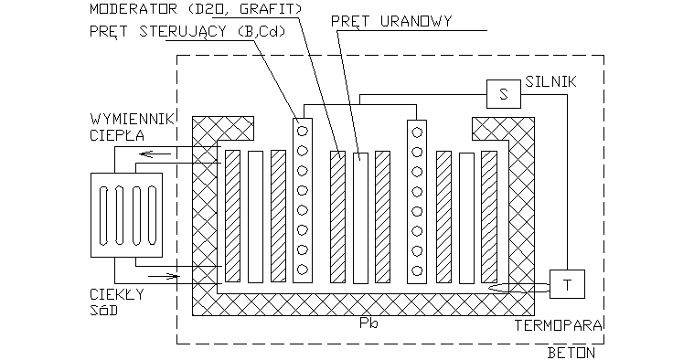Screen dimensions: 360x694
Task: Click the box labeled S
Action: coord(503,93)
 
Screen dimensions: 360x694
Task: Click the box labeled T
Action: coord(567,284)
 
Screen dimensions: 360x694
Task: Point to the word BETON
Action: coord(573,352)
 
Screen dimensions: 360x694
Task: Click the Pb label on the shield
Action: coord(368,323)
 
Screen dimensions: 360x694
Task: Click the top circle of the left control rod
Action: coord(302,130)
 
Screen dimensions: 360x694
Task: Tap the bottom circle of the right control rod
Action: coord(417,270)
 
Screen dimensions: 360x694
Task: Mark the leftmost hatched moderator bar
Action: coord(232,216)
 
